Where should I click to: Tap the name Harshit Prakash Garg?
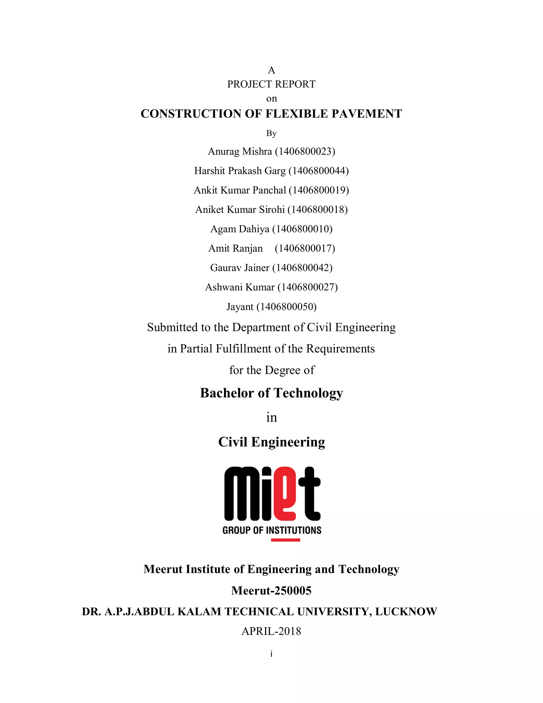[x=240, y=171]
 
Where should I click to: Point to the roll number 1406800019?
[x=319, y=190]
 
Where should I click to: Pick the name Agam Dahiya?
[x=240, y=229]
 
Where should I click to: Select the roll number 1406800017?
[x=305, y=248]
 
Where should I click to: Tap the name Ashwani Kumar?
[x=240, y=287]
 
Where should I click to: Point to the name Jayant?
[x=240, y=307]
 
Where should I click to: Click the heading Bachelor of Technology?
[x=271, y=393]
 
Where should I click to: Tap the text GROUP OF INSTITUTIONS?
[x=272, y=530]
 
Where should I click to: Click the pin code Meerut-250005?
[x=271, y=591]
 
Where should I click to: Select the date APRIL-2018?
[x=271, y=631]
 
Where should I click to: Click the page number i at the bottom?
[x=271, y=654]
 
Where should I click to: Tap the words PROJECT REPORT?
[x=271, y=84]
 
